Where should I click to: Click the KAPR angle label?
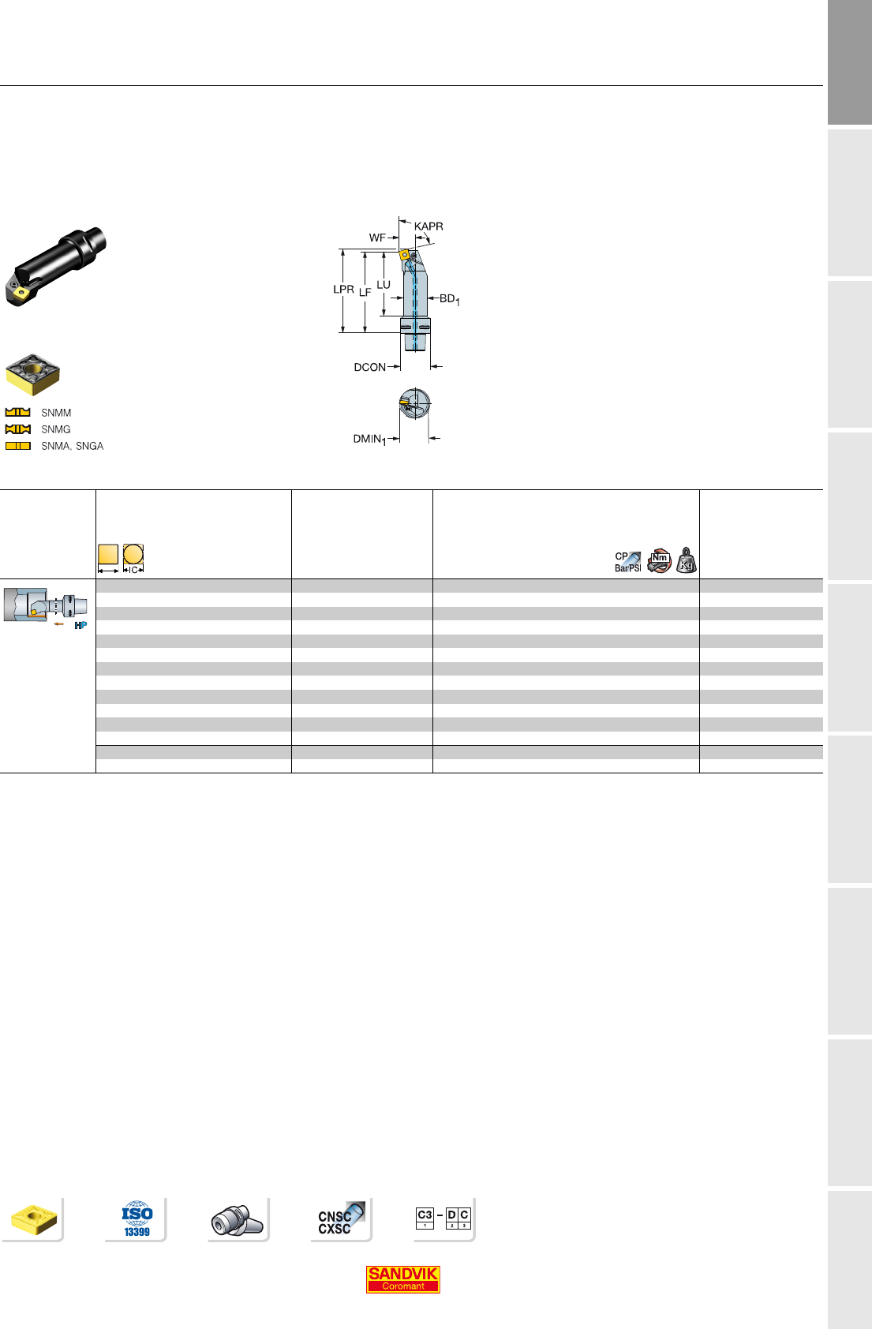(429, 226)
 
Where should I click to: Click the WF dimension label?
(376, 238)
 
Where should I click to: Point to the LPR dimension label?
(343, 290)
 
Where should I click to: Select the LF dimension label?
(365, 293)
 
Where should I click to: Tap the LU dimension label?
(384, 285)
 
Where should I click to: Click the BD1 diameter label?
(450, 299)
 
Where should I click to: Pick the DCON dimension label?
(369, 367)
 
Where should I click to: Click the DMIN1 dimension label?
(369, 439)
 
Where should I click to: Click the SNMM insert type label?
(56, 413)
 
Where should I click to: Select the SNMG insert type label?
(56, 429)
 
